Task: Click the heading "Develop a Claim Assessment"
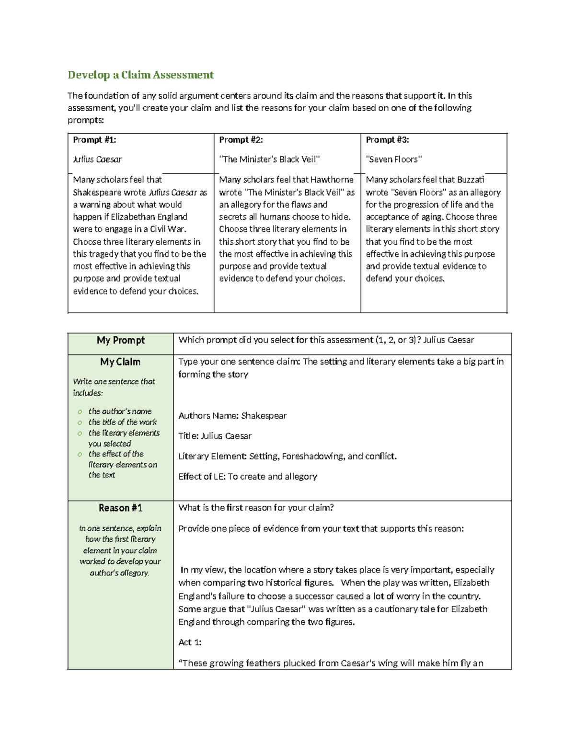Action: tap(140, 75)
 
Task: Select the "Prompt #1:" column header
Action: tap(94, 140)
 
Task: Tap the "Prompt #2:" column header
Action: tap(241, 140)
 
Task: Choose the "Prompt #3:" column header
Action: tap(387, 140)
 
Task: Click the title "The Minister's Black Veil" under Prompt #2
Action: tap(269, 160)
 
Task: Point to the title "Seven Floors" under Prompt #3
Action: tap(394, 160)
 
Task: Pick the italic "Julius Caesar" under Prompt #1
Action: tap(97, 160)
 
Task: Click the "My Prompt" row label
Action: tap(121, 340)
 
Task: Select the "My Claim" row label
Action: tap(120, 362)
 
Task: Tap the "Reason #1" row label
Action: tap(120, 508)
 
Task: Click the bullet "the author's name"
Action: tap(120, 411)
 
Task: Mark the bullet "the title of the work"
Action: tap(123, 422)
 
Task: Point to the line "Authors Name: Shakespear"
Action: tap(232, 416)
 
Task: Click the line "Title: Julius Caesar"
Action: tap(215, 436)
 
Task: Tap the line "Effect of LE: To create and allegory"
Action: tap(248, 476)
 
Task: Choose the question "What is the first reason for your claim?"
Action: tap(256, 508)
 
